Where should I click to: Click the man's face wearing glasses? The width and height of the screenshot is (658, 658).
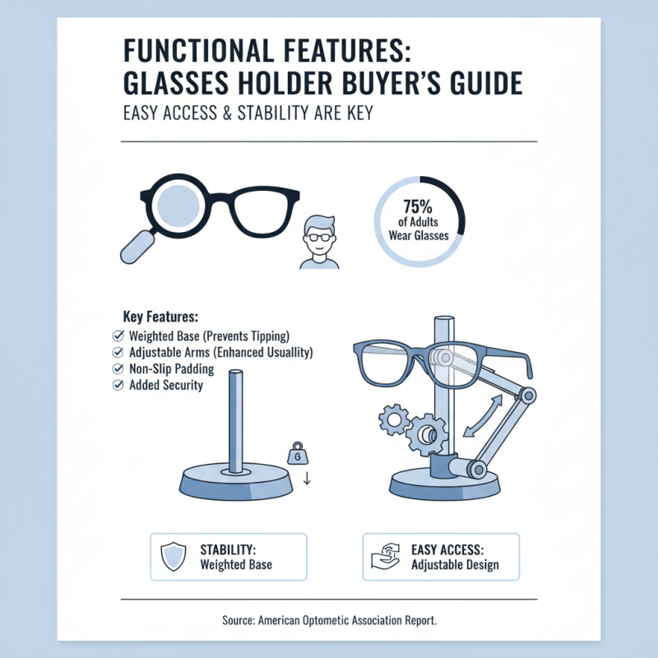[x=318, y=236]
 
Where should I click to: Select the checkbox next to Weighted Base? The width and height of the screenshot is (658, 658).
[x=115, y=336]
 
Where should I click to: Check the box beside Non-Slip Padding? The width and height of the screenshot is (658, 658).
[x=115, y=368]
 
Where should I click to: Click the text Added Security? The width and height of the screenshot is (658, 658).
[x=166, y=385]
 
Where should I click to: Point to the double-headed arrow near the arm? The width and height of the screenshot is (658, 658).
[x=479, y=416]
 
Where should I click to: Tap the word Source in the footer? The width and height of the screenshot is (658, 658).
[x=240, y=620]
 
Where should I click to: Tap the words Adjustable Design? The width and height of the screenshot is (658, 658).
[x=455, y=565]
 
